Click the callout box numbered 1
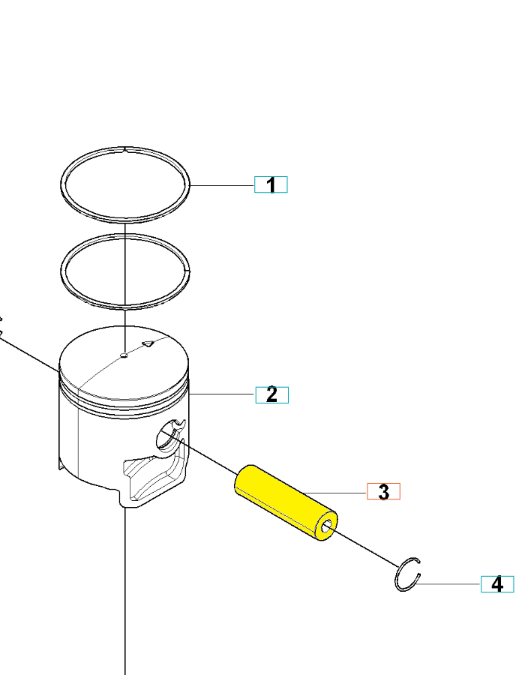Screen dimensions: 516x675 pyautogui.click(x=271, y=184)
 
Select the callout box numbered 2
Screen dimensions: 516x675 pyautogui.click(x=272, y=394)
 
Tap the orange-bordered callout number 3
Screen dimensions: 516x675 pyautogui.click(x=383, y=491)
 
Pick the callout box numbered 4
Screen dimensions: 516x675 pyautogui.click(x=497, y=584)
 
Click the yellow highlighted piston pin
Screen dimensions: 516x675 pyautogui.click(x=285, y=502)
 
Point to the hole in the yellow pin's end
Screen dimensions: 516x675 pyautogui.click(x=327, y=526)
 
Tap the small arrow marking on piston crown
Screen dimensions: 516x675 pyautogui.click(x=148, y=343)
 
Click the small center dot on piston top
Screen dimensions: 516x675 pyautogui.click(x=124, y=355)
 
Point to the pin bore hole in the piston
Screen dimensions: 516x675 pyautogui.click(x=166, y=435)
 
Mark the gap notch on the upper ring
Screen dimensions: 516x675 pyautogui.click(x=124, y=149)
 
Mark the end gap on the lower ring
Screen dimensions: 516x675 pyautogui.click(x=187, y=271)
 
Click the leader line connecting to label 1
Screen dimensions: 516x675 pyautogui.click(x=222, y=185)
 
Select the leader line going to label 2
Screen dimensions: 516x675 pyautogui.click(x=223, y=394)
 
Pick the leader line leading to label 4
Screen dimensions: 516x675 pyautogui.click(x=448, y=584)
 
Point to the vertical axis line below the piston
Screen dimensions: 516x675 pyautogui.click(x=124, y=591)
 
